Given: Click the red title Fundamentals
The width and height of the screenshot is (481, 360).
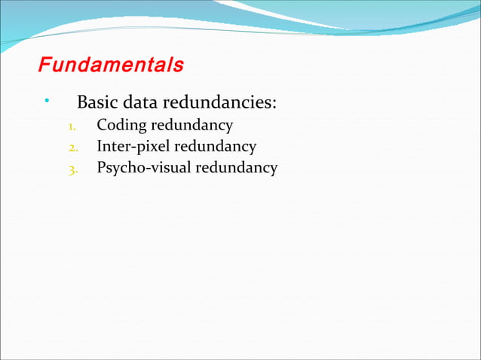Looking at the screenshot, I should point(111,65).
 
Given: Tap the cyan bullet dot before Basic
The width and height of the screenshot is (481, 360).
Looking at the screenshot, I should point(47,100).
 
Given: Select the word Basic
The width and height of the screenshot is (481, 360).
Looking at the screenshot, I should point(96,102).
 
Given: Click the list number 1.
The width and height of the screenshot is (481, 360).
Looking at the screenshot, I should point(72,126).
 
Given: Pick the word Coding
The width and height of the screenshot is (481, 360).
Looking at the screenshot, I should point(121,125).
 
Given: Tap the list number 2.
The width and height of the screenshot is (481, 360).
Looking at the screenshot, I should point(72,147).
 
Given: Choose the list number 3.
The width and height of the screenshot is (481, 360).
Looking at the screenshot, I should point(72,168).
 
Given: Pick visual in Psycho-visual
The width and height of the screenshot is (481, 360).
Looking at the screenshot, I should point(170,167).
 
